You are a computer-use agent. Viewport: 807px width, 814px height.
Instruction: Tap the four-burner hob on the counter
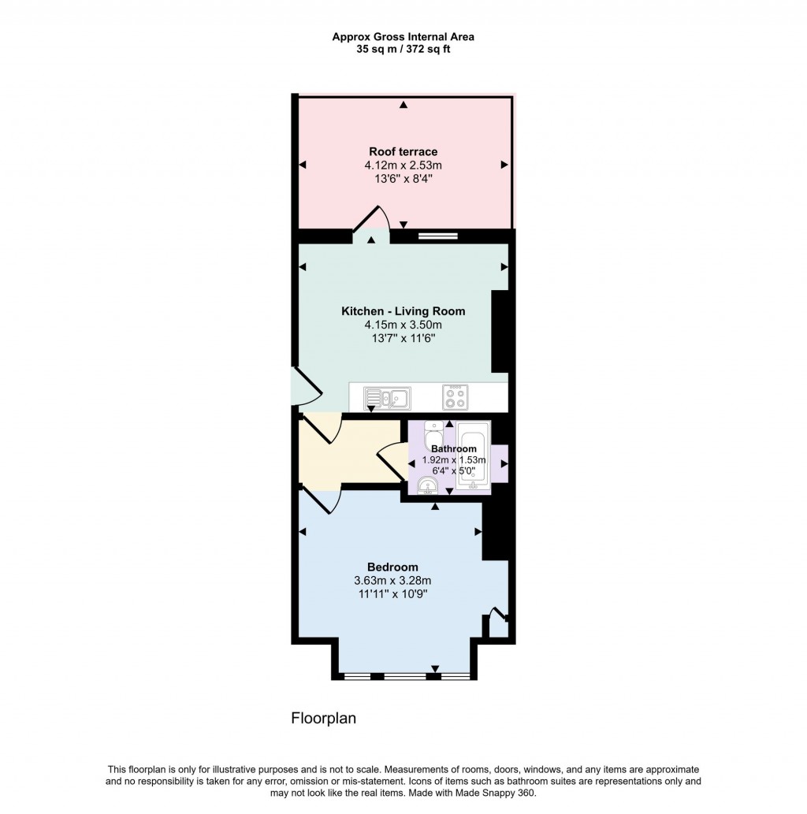pyautogui.click(x=454, y=397)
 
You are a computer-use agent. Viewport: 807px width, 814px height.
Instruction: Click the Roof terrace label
pyautogui.click(x=403, y=151)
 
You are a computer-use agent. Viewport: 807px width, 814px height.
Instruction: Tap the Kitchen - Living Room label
pyautogui.click(x=403, y=311)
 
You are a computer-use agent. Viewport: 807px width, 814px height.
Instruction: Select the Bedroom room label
pyautogui.click(x=392, y=567)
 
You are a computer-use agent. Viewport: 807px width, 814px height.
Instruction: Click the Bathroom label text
pyautogui.click(x=448, y=448)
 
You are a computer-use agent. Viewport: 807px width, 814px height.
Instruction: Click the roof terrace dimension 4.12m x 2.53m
pyautogui.click(x=403, y=165)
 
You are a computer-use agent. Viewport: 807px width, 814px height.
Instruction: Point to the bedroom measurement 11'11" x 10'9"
pyautogui.click(x=392, y=594)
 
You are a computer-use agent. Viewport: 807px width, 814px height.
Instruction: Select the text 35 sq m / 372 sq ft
pyautogui.click(x=403, y=49)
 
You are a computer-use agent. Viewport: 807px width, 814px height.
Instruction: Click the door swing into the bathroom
pyautogui.click(x=391, y=460)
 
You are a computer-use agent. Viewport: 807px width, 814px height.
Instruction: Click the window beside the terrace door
pyautogui.click(x=437, y=234)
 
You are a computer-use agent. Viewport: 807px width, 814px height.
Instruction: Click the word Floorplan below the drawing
pyautogui.click(x=324, y=718)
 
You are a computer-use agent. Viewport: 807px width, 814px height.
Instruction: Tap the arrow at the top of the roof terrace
pyautogui.click(x=403, y=105)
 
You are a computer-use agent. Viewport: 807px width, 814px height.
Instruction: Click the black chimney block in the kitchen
pyautogui.click(x=500, y=331)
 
